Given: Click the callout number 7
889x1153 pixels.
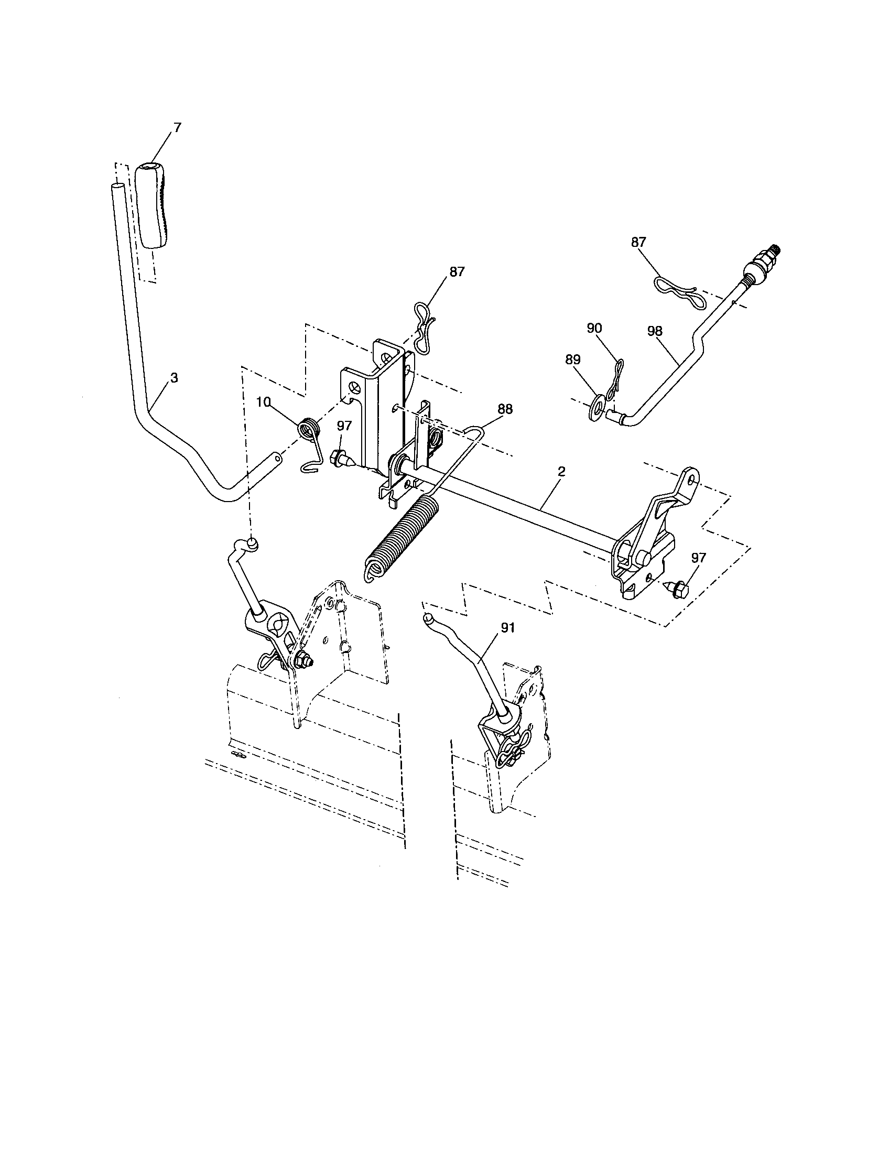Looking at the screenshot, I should click(177, 127).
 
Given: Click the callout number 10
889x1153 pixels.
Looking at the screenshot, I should click(264, 402).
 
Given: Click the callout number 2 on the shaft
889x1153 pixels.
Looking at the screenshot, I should click(562, 471).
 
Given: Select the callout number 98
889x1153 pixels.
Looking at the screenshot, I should click(655, 331).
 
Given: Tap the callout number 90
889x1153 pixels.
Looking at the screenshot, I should click(595, 328).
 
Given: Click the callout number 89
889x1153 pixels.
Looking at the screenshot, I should click(573, 360).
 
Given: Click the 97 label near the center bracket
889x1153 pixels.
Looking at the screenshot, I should click(344, 426).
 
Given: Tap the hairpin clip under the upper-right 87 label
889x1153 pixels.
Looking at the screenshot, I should click(676, 291).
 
